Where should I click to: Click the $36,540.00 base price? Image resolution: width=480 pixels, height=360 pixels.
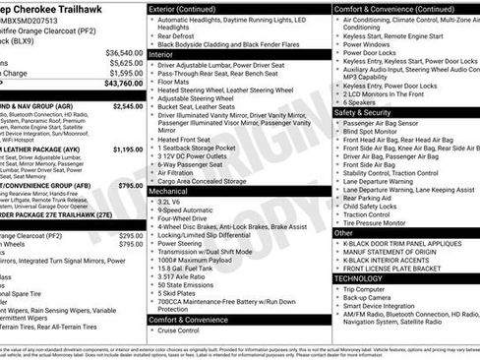pos(124,52)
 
